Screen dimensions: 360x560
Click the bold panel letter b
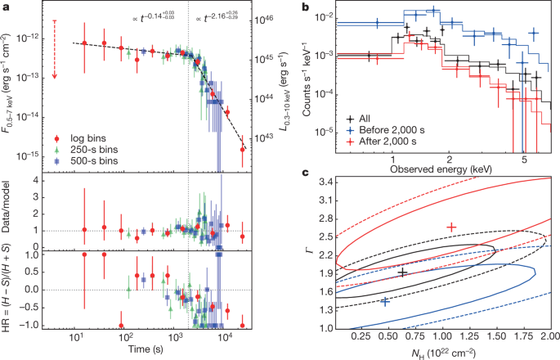click(303, 6)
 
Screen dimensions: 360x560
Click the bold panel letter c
click(303, 173)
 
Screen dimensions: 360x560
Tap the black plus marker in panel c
click(402, 272)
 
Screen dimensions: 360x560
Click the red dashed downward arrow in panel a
click(54, 49)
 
